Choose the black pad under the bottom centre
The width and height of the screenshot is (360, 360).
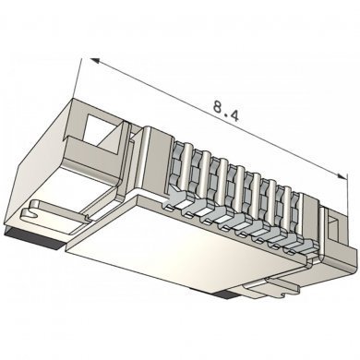point(225,298)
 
